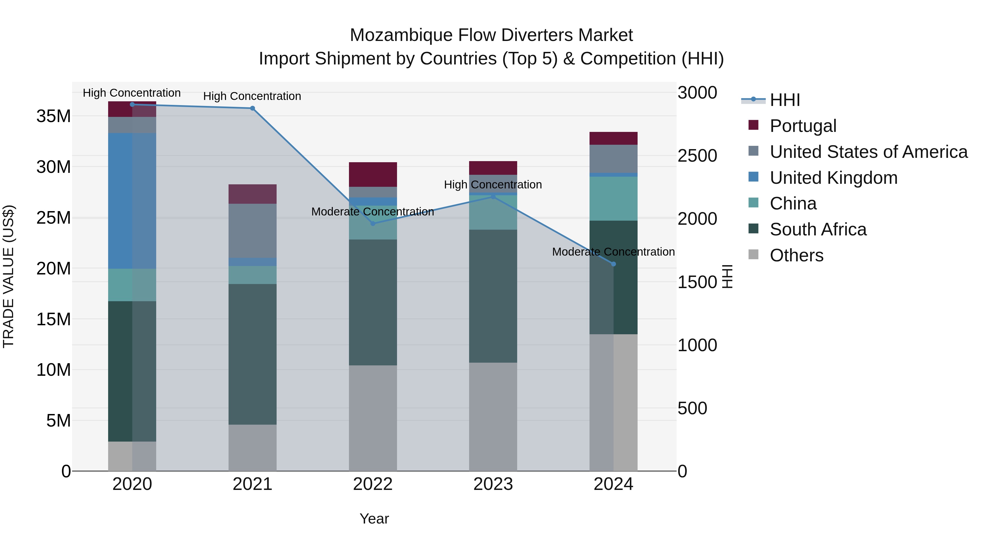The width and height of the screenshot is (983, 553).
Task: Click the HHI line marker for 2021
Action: (252, 108)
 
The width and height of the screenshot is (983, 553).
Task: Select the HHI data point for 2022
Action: (373, 224)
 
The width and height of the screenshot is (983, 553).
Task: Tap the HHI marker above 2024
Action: (613, 264)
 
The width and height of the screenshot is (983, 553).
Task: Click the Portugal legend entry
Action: (803, 126)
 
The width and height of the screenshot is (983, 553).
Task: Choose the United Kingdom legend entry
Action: (833, 178)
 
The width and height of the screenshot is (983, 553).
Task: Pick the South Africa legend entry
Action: (818, 229)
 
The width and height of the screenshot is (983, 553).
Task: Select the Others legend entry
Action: (797, 255)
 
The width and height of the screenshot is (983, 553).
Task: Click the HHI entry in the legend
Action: (784, 100)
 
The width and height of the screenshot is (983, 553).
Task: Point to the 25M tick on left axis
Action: (54, 218)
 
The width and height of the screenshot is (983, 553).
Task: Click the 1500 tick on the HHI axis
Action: (697, 282)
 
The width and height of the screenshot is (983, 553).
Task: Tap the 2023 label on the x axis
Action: (493, 484)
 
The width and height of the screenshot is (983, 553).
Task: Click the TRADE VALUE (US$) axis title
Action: (8, 276)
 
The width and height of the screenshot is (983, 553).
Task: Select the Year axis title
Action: (374, 519)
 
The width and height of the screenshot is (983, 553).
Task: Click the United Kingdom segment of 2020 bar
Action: (132, 201)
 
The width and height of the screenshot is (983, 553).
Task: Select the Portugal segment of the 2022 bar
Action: (373, 175)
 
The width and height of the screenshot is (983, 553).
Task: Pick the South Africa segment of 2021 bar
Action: (252, 354)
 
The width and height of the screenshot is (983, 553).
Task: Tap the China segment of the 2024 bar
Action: (613, 199)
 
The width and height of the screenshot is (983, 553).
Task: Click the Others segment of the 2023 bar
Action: (493, 417)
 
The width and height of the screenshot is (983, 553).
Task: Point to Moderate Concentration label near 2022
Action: (372, 212)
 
